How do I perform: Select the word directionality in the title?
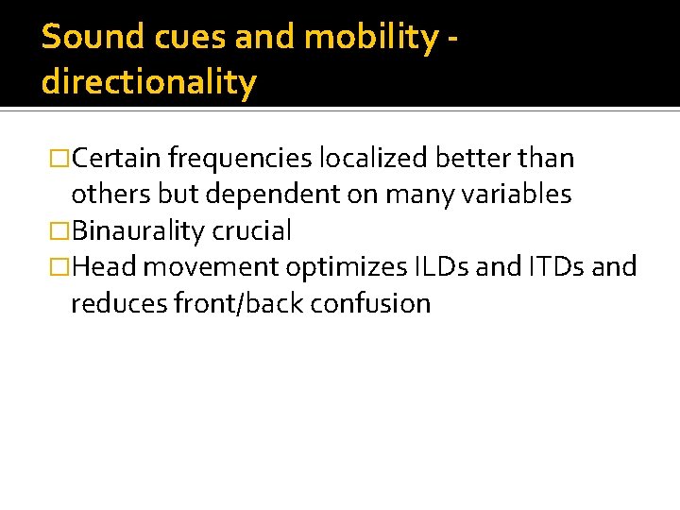click(x=148, y=83)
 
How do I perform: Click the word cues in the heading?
click(x=169, y=38)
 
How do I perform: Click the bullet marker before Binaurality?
click(x=61, y=230)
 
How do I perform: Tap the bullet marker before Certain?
click(x=61, y=158)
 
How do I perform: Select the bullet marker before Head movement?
click(x=61, y=267)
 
